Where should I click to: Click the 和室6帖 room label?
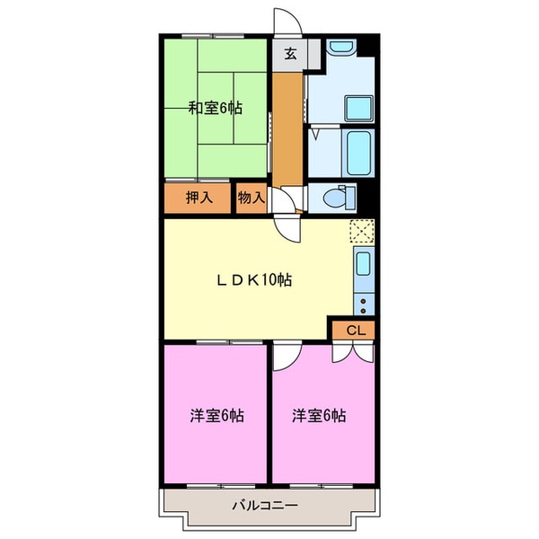215,109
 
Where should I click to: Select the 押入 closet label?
199,199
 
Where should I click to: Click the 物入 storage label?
251,199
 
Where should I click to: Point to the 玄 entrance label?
290,54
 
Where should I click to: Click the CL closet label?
356,331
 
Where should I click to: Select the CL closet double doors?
356,351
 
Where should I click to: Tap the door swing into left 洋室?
284,357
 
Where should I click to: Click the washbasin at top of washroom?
340,49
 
